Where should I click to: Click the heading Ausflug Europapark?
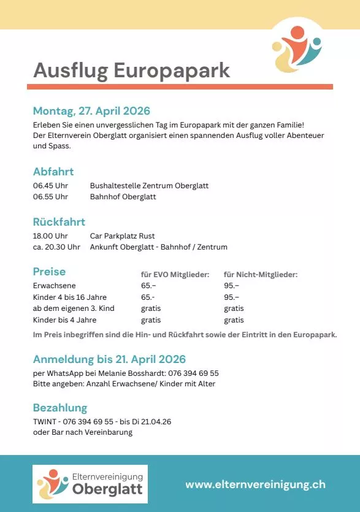(131, 71)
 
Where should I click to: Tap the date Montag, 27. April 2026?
(91, 111)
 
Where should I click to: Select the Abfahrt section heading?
(53, 172)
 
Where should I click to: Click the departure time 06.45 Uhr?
(50, 186)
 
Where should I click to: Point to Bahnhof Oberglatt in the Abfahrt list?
(123, 197)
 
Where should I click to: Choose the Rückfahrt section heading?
(59, 222)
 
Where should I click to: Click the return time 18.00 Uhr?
(50, 236)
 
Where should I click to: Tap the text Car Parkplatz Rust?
(122, 236)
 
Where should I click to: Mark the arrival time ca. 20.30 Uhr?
(56, 247)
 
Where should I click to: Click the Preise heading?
(49, 272)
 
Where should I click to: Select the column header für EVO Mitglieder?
(175, 275)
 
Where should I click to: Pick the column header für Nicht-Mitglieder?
(261, 275)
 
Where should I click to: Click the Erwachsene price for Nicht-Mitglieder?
(231, 286)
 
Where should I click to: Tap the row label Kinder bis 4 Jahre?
(64, 320)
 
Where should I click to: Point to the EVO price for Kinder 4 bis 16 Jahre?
(148, 297)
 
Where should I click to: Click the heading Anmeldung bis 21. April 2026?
(109, 359)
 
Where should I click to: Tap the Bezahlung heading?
(60, 408)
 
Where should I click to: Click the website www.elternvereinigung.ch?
(255, 484)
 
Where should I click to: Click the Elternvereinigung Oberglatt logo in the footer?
(90, 484)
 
